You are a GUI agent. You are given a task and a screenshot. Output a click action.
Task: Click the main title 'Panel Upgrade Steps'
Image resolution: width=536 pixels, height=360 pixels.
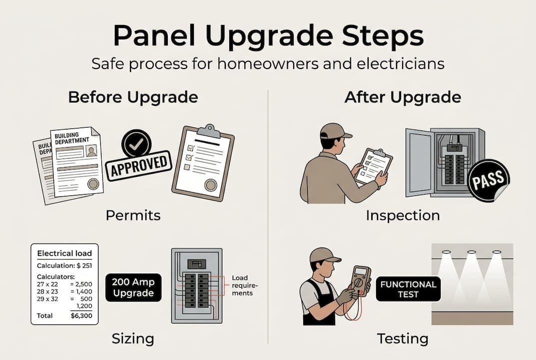click(x=268, y=36)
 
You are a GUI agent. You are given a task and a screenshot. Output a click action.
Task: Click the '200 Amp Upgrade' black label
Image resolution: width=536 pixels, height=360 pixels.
click(x=133, y=287)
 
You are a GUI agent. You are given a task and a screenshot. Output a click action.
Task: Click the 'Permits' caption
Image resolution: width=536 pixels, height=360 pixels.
click(x=133, y=215)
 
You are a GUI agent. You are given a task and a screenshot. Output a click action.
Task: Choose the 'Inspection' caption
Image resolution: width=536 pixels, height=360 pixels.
click(x=403, y=215)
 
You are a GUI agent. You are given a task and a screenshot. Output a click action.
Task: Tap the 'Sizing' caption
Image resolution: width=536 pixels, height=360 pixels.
click(x=133, y=338)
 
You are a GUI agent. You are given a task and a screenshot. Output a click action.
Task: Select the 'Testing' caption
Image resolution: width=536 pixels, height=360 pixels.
click(x=403, y=338)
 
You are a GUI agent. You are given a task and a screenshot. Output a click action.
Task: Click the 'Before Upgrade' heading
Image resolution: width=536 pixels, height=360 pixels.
click(x=133, y=97)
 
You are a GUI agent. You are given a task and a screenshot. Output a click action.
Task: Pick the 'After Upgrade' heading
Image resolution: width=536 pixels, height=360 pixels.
click(x=403, y=97)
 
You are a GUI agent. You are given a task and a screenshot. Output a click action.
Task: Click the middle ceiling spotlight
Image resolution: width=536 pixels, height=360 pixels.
click(x=471, y=252)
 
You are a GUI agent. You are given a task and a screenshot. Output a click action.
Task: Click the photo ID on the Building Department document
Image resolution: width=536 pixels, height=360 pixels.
click(x=91, y=150)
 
